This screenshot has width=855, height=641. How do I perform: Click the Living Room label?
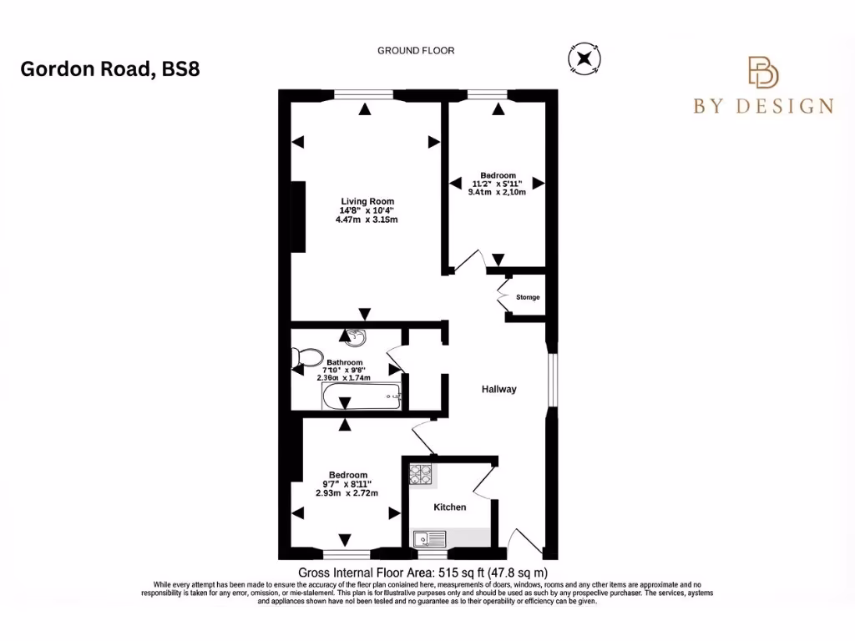coord(367,201)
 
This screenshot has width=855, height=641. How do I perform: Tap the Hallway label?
coord(498,389)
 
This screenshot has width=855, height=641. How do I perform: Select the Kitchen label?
coord(449,507)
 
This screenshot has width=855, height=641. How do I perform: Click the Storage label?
coord(528,297)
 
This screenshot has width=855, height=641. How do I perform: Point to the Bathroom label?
coord(345,362)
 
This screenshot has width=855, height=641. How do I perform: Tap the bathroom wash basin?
coord(354,338)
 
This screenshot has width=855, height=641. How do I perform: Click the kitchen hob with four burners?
coord(420,475)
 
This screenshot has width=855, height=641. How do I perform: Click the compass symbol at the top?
coord(582,58)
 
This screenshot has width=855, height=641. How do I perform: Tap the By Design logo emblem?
coord(762,73)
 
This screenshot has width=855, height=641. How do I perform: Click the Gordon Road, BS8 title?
coord(109,69)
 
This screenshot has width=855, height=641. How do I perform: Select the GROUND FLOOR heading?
coord(416,51)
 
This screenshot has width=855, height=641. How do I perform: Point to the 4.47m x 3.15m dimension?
coord(367,220)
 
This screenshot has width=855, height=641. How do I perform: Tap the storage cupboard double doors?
coord(503,297)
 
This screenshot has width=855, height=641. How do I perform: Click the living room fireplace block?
coord(297,215)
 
